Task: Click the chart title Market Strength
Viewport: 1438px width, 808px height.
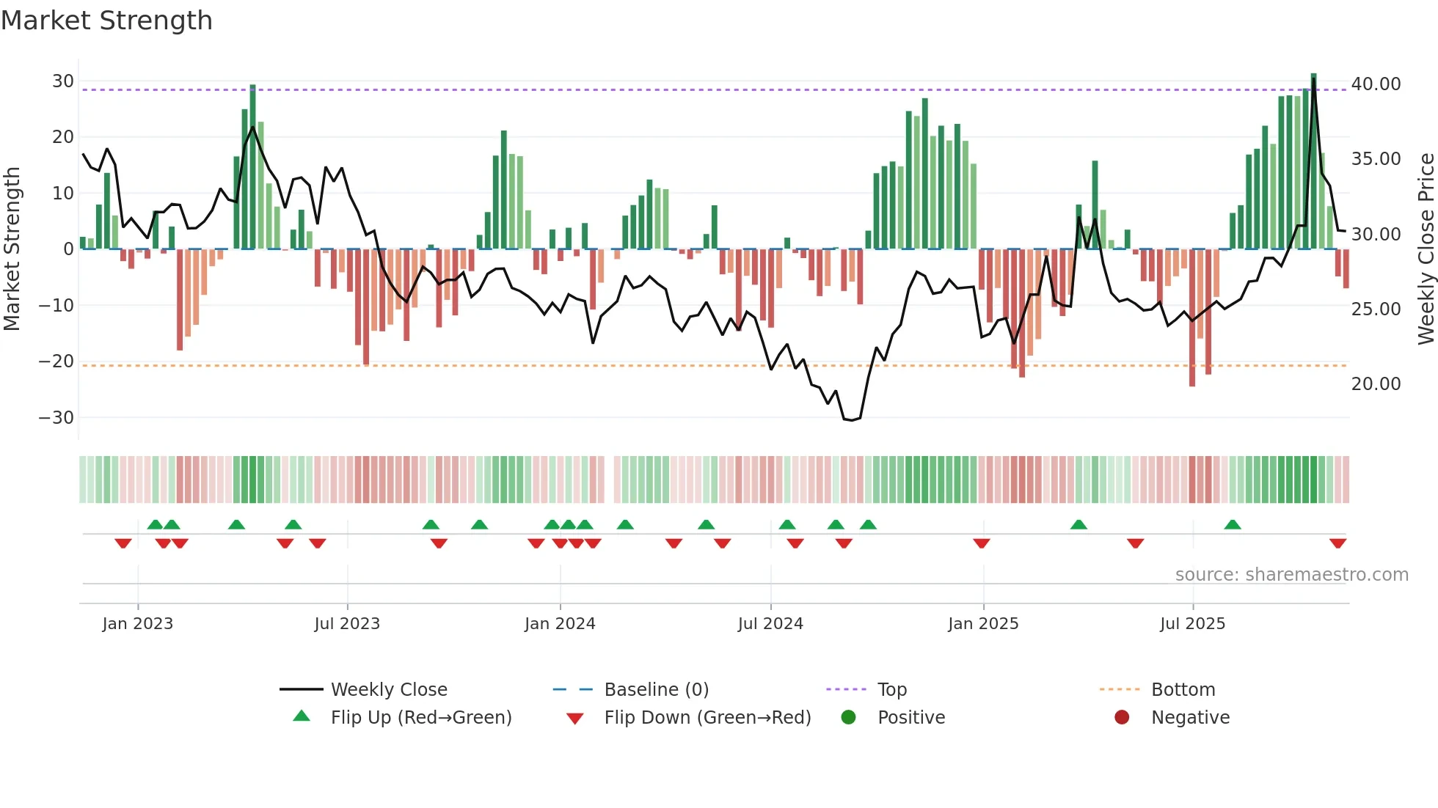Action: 106,21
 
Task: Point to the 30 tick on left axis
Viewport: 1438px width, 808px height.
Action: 63,81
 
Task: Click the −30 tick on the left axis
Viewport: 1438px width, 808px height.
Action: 56,418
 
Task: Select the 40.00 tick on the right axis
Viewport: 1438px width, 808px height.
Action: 1376,84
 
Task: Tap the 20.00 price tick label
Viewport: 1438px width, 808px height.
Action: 1376,384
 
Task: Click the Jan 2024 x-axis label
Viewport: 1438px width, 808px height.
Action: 560,624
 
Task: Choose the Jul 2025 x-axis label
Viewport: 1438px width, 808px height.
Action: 1192,624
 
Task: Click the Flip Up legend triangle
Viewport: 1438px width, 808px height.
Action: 302,716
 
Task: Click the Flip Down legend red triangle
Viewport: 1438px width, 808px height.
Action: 575,719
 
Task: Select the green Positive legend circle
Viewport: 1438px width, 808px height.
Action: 848,717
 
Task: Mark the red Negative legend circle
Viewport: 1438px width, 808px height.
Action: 1122,717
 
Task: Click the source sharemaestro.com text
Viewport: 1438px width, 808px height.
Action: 1291,575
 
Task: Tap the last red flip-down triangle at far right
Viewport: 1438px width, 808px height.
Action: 1337,543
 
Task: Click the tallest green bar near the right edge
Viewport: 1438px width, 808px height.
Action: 1313,161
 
